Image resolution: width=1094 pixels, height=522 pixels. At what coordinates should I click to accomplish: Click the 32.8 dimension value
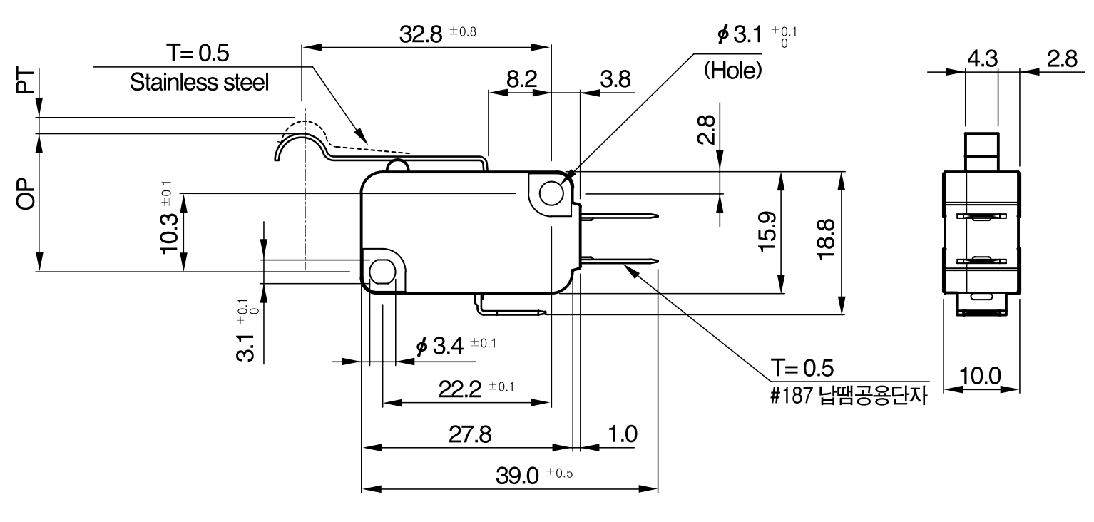pos(421,34)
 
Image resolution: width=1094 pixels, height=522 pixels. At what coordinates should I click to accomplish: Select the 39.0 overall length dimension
pos(517,476)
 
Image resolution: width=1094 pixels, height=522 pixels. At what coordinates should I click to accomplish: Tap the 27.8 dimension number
pos(470,434)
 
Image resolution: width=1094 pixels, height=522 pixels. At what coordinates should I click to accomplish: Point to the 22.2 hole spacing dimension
pos(459,389)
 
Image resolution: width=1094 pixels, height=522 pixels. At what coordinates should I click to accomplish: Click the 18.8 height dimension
pos(826,240)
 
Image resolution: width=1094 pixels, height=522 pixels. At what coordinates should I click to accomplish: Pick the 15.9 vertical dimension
pos(767,232)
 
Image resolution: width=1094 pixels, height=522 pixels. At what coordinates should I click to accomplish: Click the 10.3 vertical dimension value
pos(170,233)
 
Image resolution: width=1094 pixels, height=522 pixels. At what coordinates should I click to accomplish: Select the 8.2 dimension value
pos(521,79)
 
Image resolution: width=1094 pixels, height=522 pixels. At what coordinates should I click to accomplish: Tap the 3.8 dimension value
pos(615,79)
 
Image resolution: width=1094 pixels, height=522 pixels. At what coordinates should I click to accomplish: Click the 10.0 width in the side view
pos(980,376)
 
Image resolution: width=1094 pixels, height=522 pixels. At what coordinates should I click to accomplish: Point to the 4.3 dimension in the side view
pos(983,58)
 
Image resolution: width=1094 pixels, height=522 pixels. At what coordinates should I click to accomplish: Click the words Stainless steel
pos(199,82)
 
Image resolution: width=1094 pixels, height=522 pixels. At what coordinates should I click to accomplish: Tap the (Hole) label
pos(732,71)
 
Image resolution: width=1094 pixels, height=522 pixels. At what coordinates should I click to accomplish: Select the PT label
pos(26,81)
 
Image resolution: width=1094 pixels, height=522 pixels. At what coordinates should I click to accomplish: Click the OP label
pos(26,193)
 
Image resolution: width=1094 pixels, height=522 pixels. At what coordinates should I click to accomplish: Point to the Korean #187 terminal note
pos(849,395)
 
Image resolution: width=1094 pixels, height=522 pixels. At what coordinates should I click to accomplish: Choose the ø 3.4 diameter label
pos(439,346)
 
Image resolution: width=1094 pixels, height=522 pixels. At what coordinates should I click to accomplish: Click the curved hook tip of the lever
pos(277,157)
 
